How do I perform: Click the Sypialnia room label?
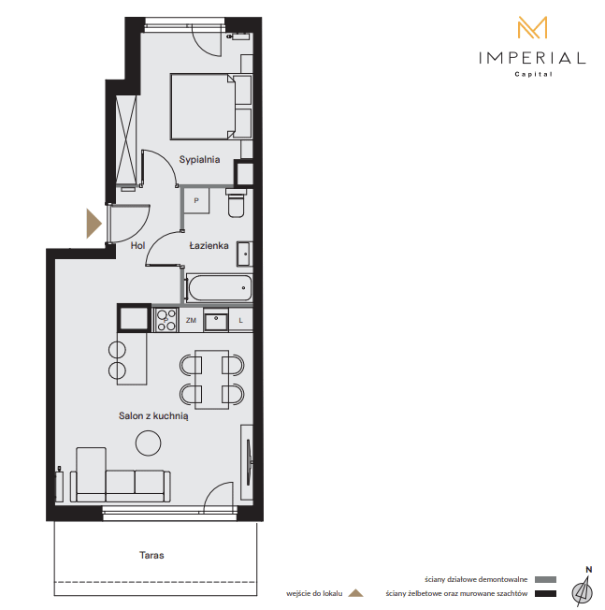(x=199, y=159)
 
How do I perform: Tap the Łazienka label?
(x=209, y=245)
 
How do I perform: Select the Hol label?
(x=137, y=245)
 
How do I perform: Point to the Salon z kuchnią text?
(x=153, y=416)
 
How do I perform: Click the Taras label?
(x=151, y=555)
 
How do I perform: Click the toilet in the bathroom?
(x=236, y=203)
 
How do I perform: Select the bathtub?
(x=220, y=288)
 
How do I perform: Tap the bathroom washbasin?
(x=245, y=254)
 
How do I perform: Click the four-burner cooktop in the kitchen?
(x=166, y=320)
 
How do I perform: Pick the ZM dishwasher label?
(x=191, y=320)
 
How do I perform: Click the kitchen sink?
(x=216, y=320)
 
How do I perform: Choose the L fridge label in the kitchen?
(x=240, y=320)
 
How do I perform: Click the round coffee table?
(x=148, y=443)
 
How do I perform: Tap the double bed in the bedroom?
(x=203, y=107)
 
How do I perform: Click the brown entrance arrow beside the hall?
(x=94, y=224)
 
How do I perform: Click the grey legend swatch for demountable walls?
(x=545, y=580)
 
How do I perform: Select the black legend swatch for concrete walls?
(x=545, y=594)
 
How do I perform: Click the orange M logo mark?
(x=532, y=27)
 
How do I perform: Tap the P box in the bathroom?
(x=196, y=201)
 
